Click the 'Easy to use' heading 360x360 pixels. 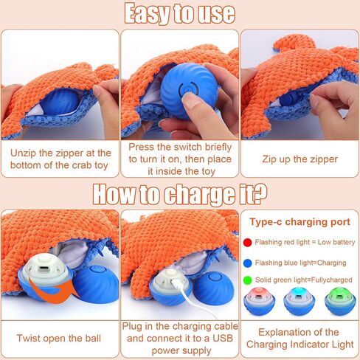[180, 14]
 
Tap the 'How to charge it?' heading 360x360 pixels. [180, 194]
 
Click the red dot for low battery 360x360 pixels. [247, 243]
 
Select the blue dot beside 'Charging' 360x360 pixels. [247, 263]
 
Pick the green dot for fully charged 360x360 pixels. [247, 280]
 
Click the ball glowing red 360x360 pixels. [260, 301]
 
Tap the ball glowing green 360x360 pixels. [340, 301]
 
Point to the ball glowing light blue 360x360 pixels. [300, 301]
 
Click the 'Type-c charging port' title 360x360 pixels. [300, 222]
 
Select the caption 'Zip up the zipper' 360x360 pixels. [300, 159]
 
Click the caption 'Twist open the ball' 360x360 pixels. [59, 339]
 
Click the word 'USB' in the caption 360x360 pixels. [223, 339]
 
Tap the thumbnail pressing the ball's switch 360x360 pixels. [180, 85]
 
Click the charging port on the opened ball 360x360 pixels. [44, 268]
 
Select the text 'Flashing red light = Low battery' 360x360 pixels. [305, 242]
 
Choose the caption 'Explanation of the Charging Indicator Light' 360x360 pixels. [300, 339]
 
